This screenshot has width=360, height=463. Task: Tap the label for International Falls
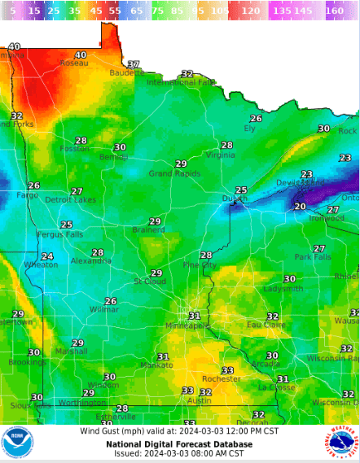pyautogui.click(x=181, y=82)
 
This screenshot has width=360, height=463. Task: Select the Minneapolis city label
pyautogui.click(x=187, y=325)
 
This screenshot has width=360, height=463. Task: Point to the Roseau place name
pyautogui.click(x=73, y=63)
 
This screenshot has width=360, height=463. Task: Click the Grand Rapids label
pyautogui.click(x=175, y=173)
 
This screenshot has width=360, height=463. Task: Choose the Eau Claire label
pyautogui.click(x=266, y=325)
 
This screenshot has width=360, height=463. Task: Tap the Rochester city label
pyautogui.click(x=222, y=379)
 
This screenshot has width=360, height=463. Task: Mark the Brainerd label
pyautogui.click(x=148, y=230)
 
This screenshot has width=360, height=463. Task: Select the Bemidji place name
pyautogui.click(x=113, y=156)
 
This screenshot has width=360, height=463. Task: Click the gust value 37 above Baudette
pyautogui.click(x=134, y=64)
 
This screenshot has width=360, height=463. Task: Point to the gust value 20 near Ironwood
pyautogui.click(x=300, y=207)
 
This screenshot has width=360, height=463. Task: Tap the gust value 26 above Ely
pyautogui.click(x=256, y=119)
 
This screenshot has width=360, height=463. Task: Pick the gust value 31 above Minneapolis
pyautogui.click(x=194, y=316)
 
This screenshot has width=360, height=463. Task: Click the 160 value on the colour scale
pyautogui.click(x=334, y=12)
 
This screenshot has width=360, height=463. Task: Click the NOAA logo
pyautogui.click(x=17, y=443)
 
